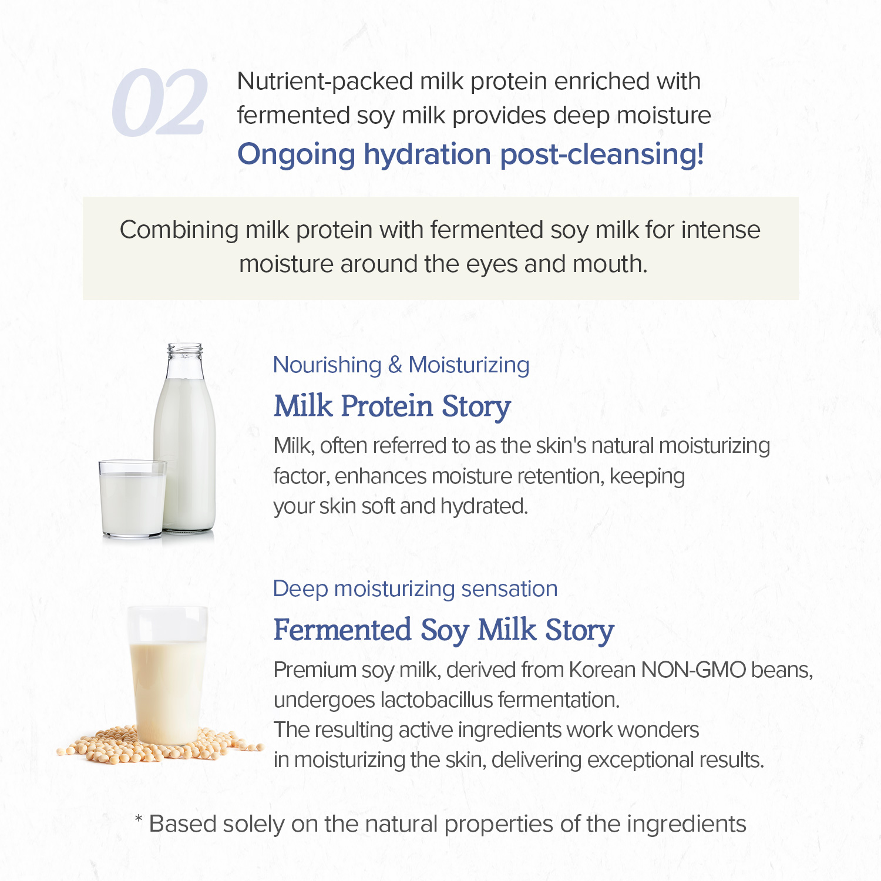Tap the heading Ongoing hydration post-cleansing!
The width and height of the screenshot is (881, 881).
(x=470, y=154)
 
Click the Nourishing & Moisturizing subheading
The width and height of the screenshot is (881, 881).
(x=401, y=365)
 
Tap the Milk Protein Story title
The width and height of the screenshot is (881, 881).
(x=392, y=406)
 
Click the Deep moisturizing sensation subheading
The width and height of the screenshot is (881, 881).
(x=415, y=589)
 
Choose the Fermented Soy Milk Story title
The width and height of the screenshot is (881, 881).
(x=443, y=630)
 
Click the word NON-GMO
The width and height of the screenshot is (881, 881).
(x=693, y=670)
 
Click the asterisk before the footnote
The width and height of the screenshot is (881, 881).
(x=139, y=819)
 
